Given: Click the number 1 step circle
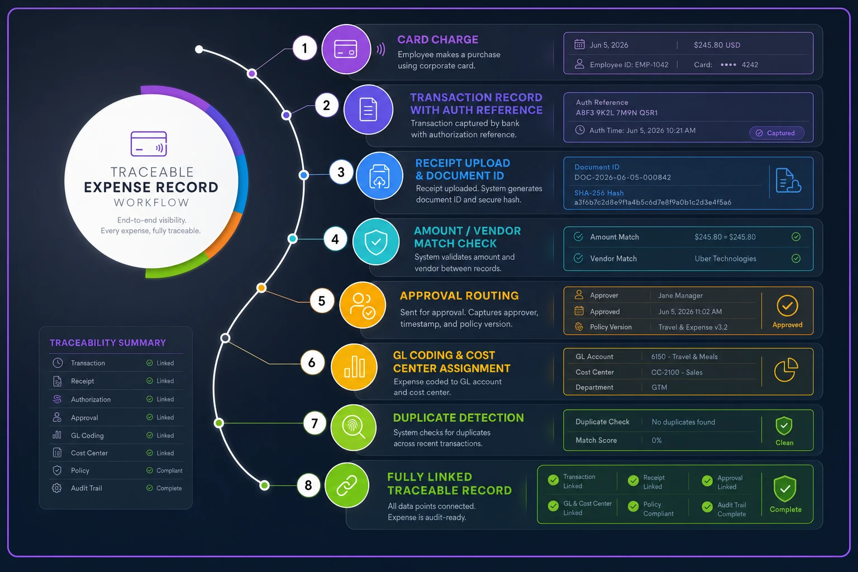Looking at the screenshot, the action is pos(305,48).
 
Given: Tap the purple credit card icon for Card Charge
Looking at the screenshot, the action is pos(346,49).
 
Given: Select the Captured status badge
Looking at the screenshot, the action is pos(776,133).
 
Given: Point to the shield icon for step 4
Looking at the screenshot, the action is pos(376,242).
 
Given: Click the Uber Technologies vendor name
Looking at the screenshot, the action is pos(726,259).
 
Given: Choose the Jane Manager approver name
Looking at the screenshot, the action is pos(680,295).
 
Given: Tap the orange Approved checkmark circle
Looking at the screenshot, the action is pos(787,306).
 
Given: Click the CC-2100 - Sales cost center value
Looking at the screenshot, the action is pos(677,372).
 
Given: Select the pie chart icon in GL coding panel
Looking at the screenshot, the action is pos(785,370).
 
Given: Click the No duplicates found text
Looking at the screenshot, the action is pos(683,422).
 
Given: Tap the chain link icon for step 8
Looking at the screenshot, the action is pos(347,485).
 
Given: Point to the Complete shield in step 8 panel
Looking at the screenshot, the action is pos(785,489).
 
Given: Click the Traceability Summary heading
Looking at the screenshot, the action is pos(108,342).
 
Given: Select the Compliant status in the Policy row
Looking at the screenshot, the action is pos(169,470).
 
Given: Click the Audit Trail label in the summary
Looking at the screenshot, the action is pos(87,488).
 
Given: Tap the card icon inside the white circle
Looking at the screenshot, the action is pos(149,144).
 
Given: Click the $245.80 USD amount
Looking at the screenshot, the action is pos(717,45).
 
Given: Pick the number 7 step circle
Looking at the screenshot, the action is pos(314,423).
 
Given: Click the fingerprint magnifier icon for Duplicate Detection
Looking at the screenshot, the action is pos(354,428).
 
